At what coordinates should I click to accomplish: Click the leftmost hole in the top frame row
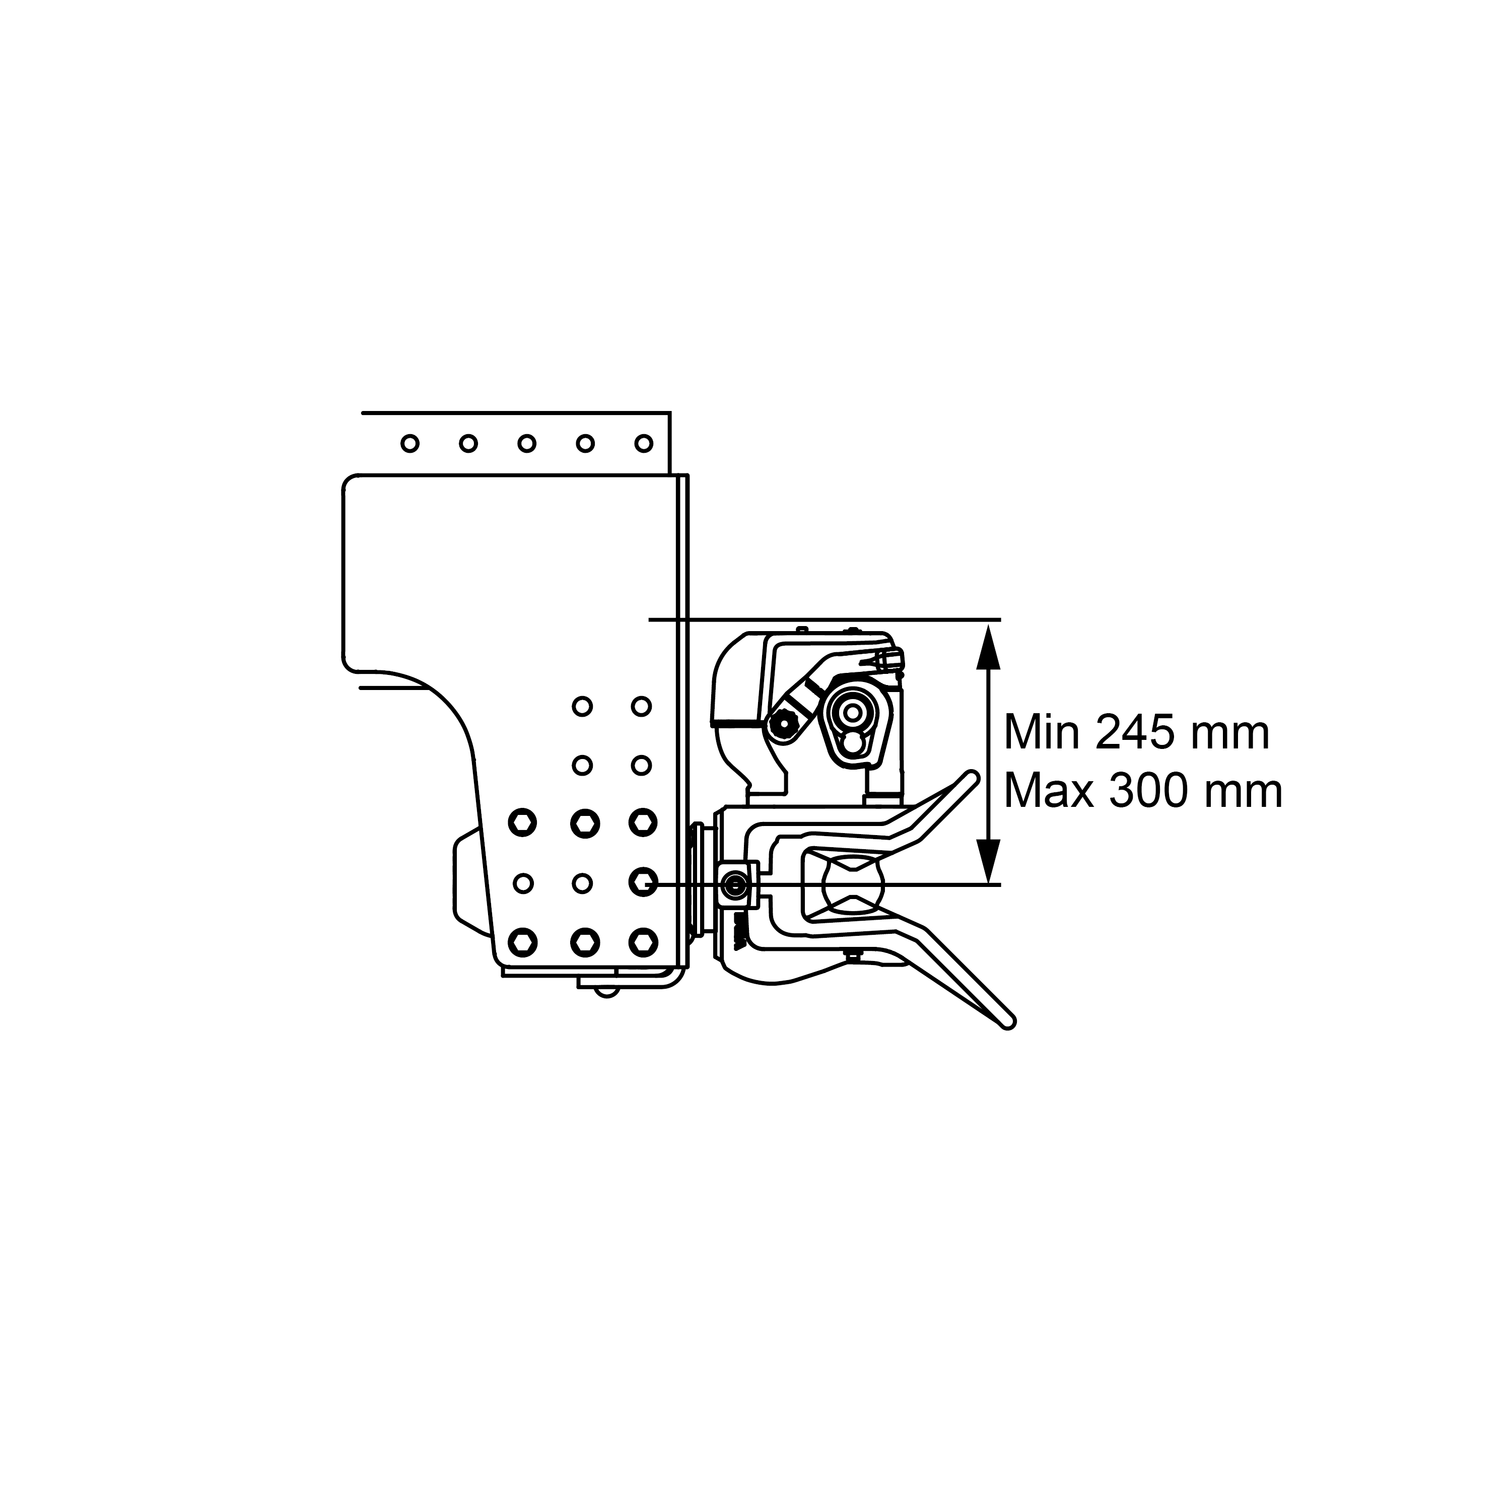(x=409, y=443)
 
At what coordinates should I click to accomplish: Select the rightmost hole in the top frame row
(x=644, y=443)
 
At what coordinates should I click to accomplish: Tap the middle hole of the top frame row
(x=526, y=443)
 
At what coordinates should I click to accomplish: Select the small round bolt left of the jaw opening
(x=735, y=884)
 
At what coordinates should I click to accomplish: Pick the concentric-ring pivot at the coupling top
(x=853, y=713)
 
